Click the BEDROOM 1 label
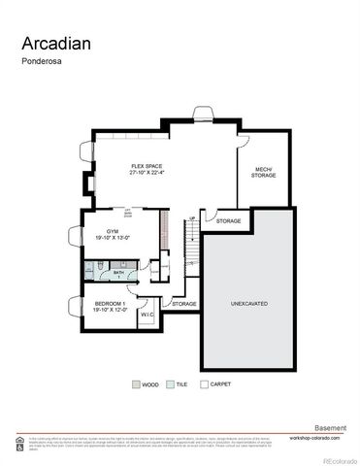(x=109, y=303)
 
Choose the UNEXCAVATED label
(x=249, y=304)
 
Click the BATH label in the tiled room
(x=118, y=273)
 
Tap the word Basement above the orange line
(x=331, y=426)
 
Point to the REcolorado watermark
(x=339, y=459)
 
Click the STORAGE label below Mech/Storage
(x=229, y=221)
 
